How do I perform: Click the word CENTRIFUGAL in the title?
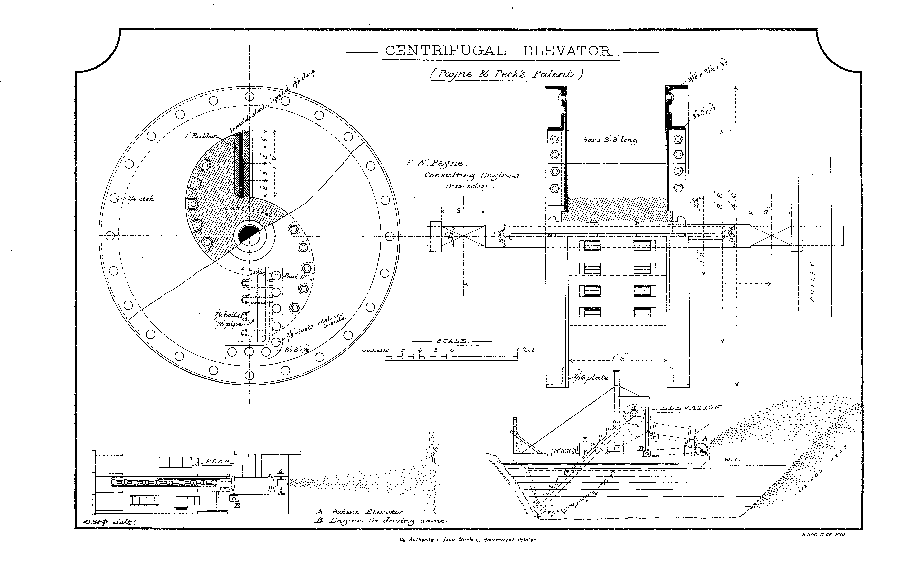pos(445,51)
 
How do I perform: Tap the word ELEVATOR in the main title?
pos(566,51)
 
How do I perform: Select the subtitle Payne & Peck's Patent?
pos(506,74)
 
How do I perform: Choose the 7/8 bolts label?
pos(227,315)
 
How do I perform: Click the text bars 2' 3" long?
pos(610,140)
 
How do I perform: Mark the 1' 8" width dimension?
pos(618,359)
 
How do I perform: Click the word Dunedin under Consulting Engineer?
pos(467,186)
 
